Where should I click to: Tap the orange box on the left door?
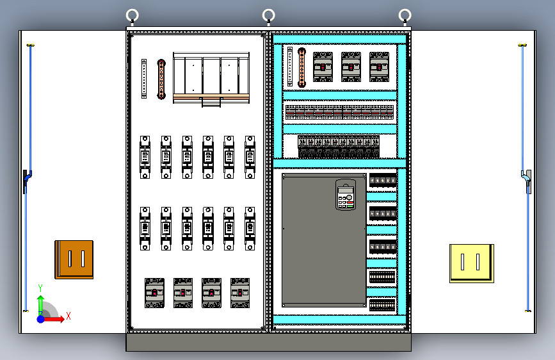74,259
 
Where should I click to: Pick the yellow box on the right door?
472,263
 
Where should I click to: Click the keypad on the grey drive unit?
346,195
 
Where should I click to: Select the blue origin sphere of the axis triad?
41,319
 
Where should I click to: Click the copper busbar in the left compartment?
161,79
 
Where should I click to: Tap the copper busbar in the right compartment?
302,67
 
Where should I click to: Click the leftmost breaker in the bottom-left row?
155,293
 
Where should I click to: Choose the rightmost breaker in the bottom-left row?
240,293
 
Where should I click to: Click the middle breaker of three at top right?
351,67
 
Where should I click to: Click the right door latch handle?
527,181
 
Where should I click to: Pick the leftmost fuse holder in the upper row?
145,157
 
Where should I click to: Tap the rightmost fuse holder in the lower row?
250,229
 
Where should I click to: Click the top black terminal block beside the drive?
383,180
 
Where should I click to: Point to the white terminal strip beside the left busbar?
144,79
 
